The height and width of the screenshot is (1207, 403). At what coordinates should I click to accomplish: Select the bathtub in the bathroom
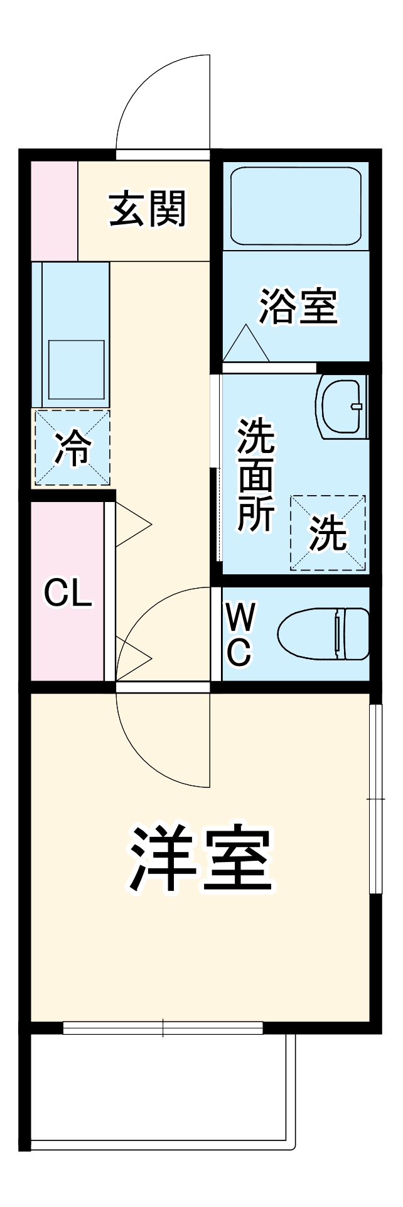(x=296, y=205)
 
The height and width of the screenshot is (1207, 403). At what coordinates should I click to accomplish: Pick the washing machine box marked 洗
(x=328, y=533)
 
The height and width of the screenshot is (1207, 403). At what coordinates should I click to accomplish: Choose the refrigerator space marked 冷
(x=72, y=447)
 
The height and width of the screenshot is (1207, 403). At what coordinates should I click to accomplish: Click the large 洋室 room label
(x=200, y=859)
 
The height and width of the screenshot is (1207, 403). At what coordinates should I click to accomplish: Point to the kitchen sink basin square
(x=76, y=370)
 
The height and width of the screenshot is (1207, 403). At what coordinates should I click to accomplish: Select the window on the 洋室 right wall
(x=375, y=798)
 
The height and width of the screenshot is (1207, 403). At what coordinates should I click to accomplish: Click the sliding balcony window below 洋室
(x=163, y=1028)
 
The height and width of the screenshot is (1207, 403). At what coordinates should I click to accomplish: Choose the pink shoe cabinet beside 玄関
(x=54, y=210)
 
